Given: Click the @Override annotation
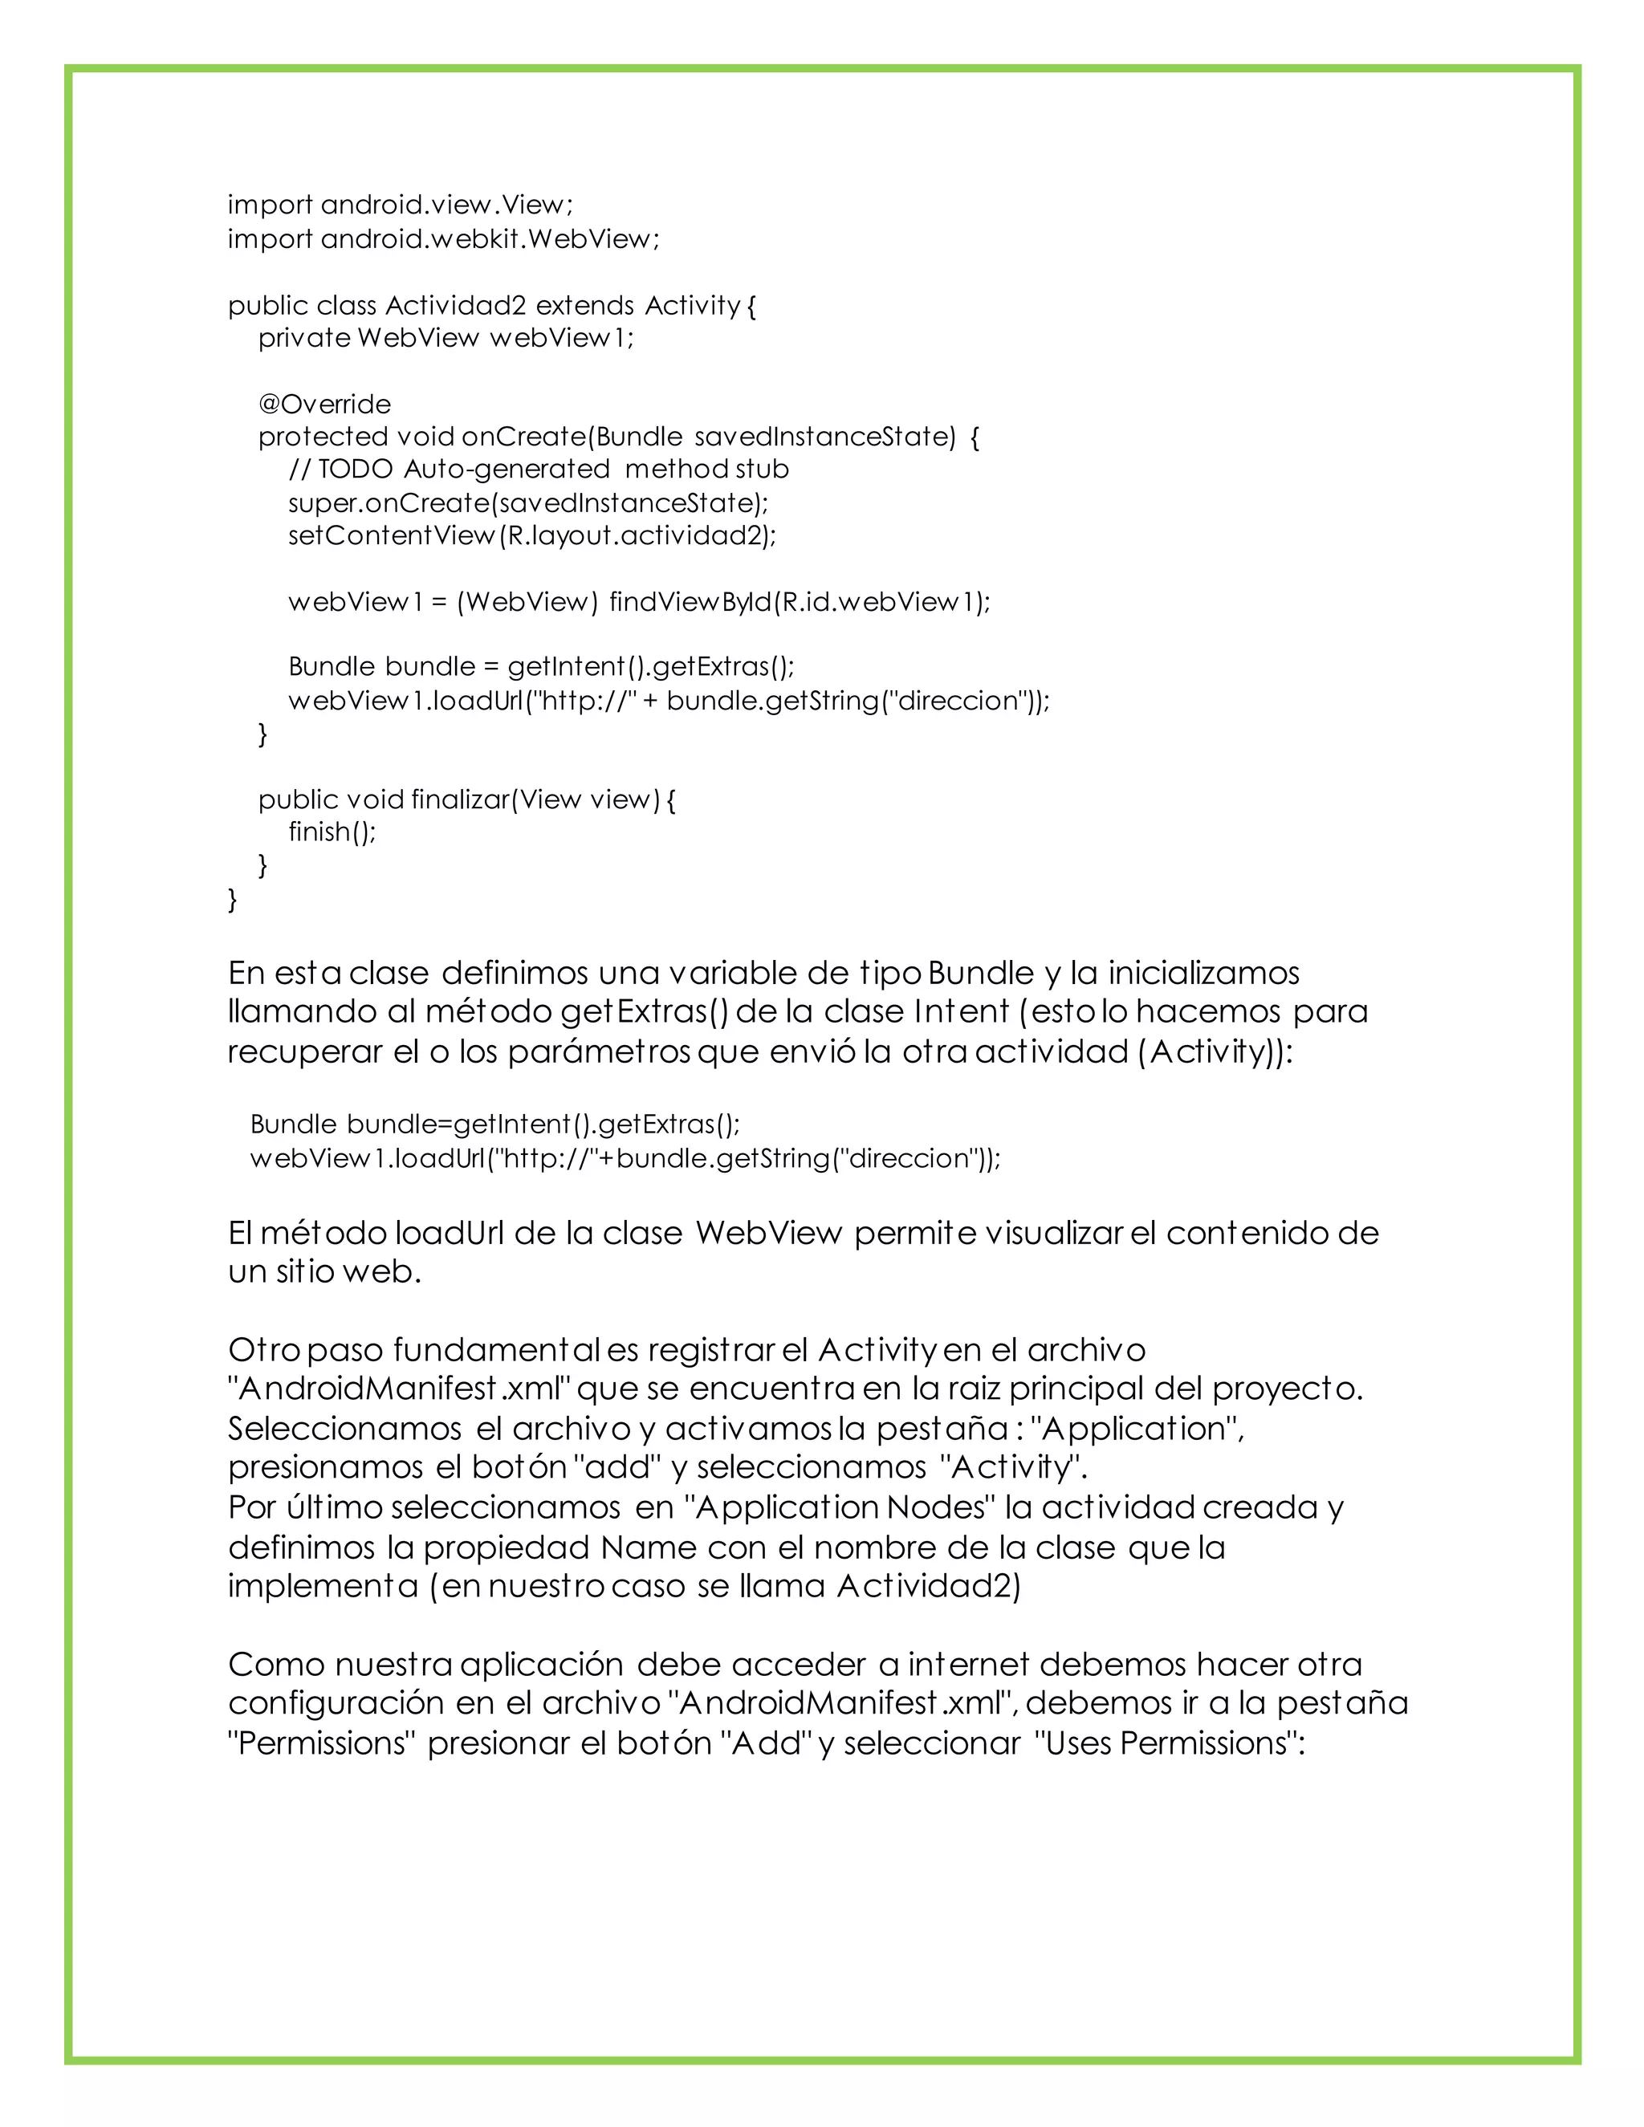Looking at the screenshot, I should (324, 405).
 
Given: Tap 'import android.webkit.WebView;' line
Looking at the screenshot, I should (443, 238).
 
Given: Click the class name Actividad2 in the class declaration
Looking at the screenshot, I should (455, 306).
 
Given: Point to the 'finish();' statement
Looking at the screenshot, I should (332, 832).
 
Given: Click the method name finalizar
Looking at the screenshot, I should (460, 799).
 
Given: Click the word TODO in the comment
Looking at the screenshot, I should (356, 470).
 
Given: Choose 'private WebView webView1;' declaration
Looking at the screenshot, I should (445, 338).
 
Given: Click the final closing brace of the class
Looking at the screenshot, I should (232, 899).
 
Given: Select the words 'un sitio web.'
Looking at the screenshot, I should (324, 1272).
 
